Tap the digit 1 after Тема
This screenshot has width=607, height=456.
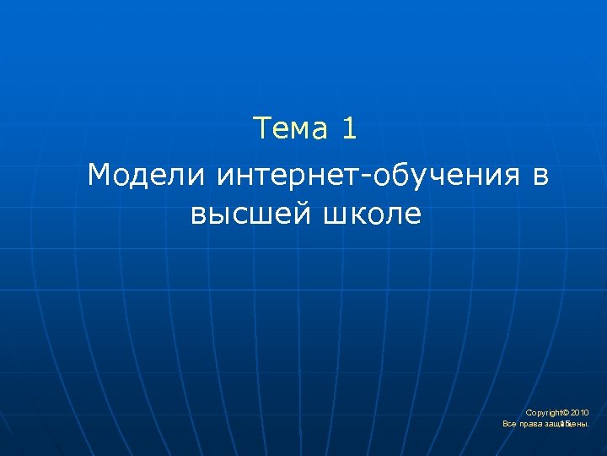click(x=350, y=128)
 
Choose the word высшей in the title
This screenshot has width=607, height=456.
click(x=251, y=214)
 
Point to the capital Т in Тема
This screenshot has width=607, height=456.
click(x=262, y=128)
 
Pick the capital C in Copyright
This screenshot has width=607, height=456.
click(x=529, y=412)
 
